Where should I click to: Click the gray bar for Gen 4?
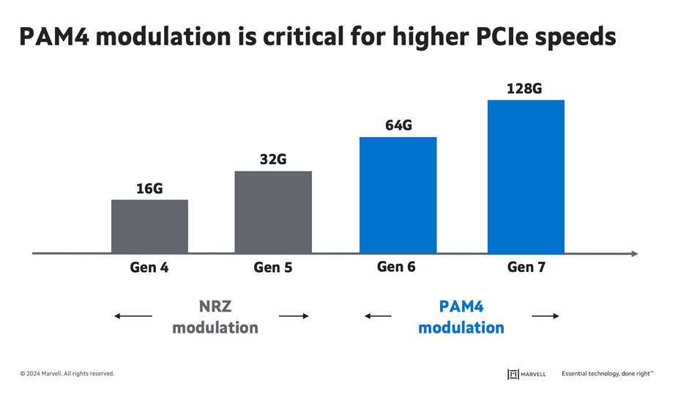(x=149, y=226)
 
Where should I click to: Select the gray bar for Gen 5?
(x=273, y=212)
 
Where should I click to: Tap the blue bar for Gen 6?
(x=398, y=195)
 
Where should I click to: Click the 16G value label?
(x=149, y=188)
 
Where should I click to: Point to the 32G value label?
(x=273, y=159)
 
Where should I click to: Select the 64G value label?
(x=398, y=125)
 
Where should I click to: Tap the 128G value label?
(x=524, y=89)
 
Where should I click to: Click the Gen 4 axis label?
(x=149, y=268)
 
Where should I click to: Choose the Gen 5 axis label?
(x=273, y=268)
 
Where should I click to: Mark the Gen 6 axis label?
(x=396, y=267)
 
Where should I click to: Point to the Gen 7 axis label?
(x=526, y=268)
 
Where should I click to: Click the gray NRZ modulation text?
(x=215, y=317)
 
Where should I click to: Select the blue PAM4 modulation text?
(x=461, y=317)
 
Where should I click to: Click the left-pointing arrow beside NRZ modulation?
(x=133, y=316)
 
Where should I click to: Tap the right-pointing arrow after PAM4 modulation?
(x=545, y=316)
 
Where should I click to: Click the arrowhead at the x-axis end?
(x=633, y=254)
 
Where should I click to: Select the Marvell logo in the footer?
(x=526, y=374)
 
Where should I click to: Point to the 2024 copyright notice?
(x=67, y=374)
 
